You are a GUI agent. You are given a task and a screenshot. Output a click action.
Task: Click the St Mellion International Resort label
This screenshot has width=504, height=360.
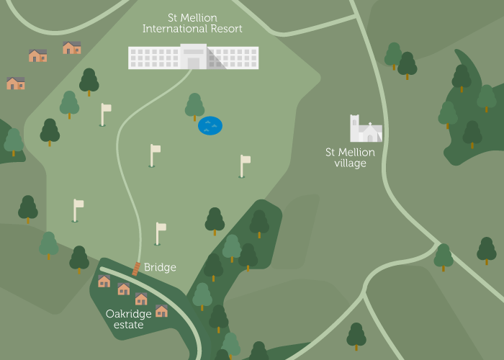pos(192,23)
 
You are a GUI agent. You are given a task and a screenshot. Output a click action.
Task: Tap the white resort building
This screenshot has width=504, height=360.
pos(193,57)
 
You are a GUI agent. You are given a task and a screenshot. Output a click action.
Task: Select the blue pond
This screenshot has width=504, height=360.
pos(210,126)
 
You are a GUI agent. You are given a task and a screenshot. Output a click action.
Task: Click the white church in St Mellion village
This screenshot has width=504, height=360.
pos(366,130)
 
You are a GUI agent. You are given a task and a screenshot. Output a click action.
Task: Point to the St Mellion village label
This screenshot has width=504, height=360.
pos(350,158)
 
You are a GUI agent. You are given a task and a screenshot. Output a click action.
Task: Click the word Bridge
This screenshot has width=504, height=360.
pos(160,267)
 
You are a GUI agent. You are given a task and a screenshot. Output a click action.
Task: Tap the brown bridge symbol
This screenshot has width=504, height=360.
pos(135,269)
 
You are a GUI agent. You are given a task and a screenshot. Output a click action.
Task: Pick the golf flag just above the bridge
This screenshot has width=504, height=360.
pos(159,233)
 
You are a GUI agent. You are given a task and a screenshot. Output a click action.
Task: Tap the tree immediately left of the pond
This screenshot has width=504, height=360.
pos(194,106)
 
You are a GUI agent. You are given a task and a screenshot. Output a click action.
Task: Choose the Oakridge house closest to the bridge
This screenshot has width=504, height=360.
pos(104,281)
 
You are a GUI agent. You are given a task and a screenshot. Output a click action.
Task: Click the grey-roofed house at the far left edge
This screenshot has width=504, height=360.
pos(15,83)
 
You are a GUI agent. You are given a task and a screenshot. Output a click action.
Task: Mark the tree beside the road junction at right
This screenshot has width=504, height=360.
pos(444,256)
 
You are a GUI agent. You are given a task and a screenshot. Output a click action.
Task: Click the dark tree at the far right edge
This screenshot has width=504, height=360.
pos(487,250)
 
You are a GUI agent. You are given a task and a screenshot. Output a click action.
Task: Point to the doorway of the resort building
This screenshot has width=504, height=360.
pos(193,63)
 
